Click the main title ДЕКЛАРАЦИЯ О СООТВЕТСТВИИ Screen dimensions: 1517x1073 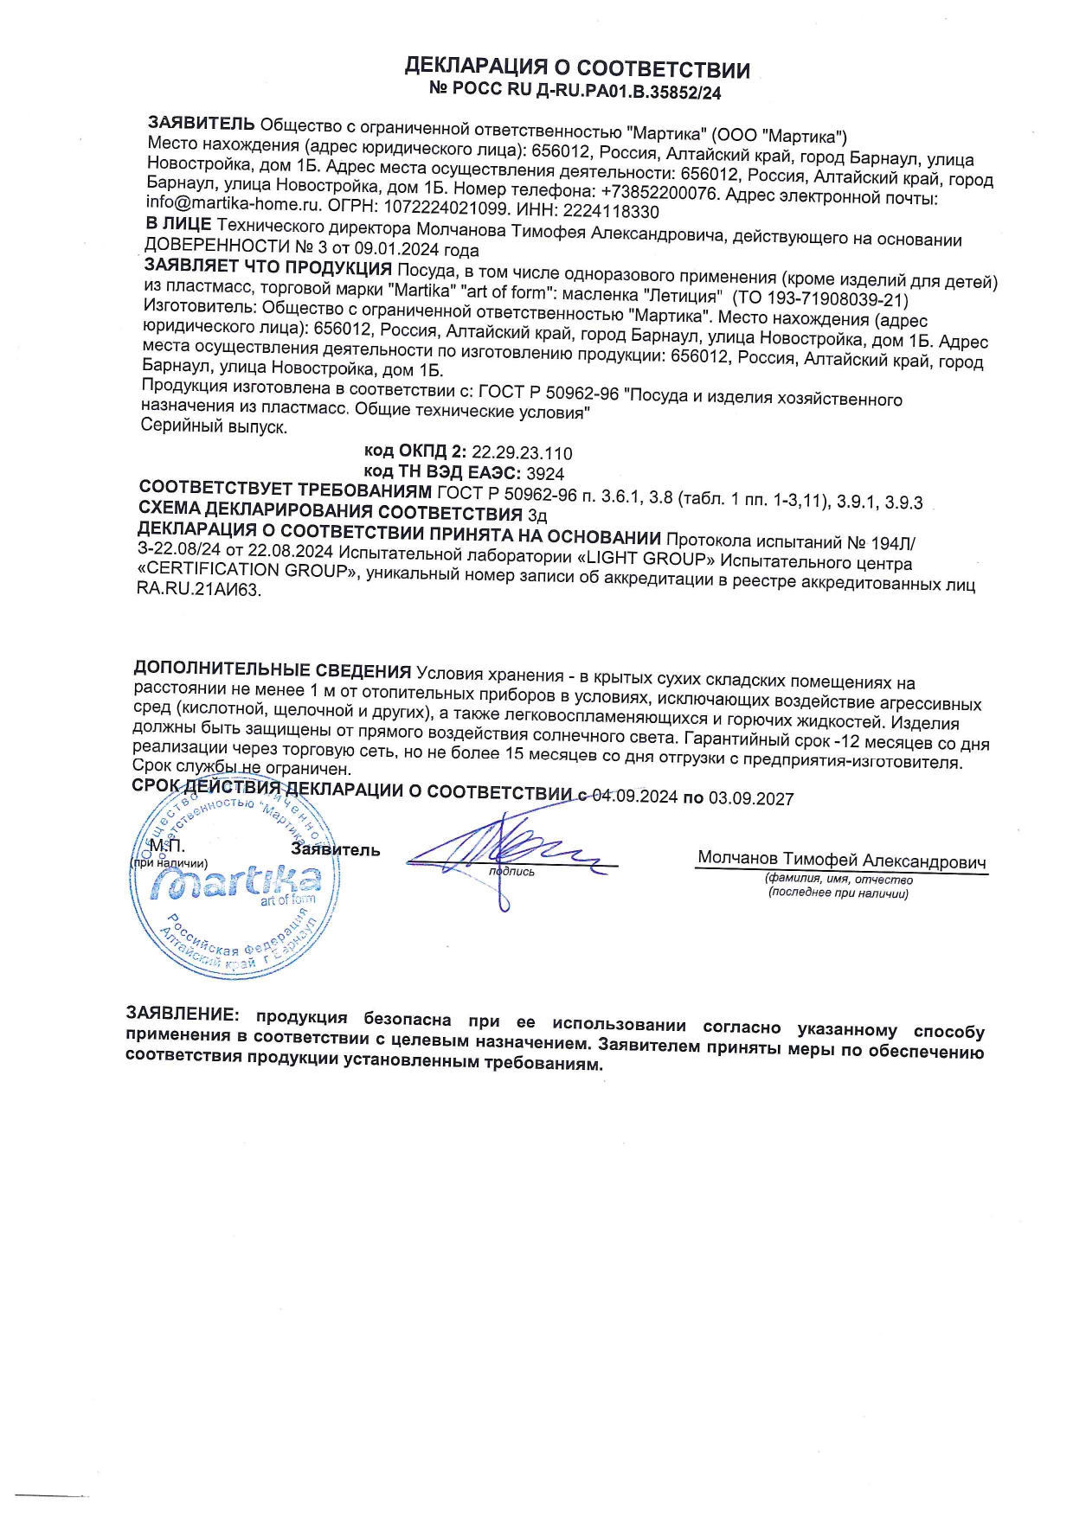click(577, 69)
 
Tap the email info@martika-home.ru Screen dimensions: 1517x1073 click(234, 204)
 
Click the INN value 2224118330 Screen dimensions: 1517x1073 click(611, 212)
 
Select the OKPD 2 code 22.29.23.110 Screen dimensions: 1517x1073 click(522, 453)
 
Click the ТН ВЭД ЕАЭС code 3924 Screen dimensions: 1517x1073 click(545, 474)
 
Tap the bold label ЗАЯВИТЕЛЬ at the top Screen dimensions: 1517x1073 click(202, 123)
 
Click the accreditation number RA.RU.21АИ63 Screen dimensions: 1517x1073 click(198, 591)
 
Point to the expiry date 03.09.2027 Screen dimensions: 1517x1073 click(751, 798)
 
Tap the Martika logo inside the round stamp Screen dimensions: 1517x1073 click(235, 883)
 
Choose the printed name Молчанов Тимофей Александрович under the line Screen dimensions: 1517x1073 click(841, 861)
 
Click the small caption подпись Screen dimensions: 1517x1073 click(511, 872)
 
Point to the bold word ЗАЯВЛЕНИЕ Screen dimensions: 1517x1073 click(182, 1014)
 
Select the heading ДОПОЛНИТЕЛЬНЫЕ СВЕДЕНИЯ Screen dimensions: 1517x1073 click(272, 670)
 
